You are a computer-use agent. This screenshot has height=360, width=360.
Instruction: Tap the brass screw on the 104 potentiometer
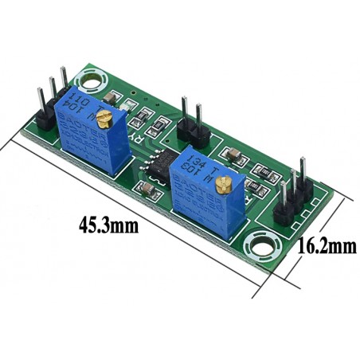(x=103, y=119)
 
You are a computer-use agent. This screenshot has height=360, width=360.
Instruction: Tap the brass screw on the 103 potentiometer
(x=225, y=185)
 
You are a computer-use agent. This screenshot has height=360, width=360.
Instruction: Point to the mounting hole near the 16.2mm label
(x=260, y=243)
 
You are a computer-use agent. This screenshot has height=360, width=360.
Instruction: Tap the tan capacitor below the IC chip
(x=149, y=189)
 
